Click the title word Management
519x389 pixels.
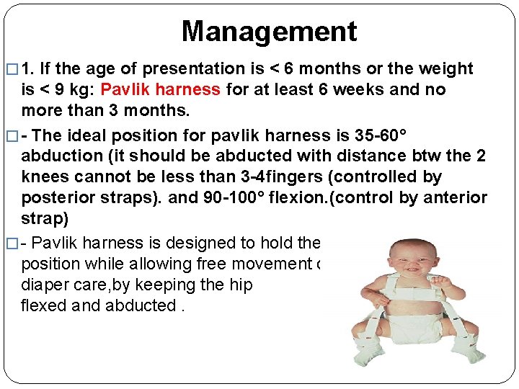[269, 31]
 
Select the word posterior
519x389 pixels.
[56, 197]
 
